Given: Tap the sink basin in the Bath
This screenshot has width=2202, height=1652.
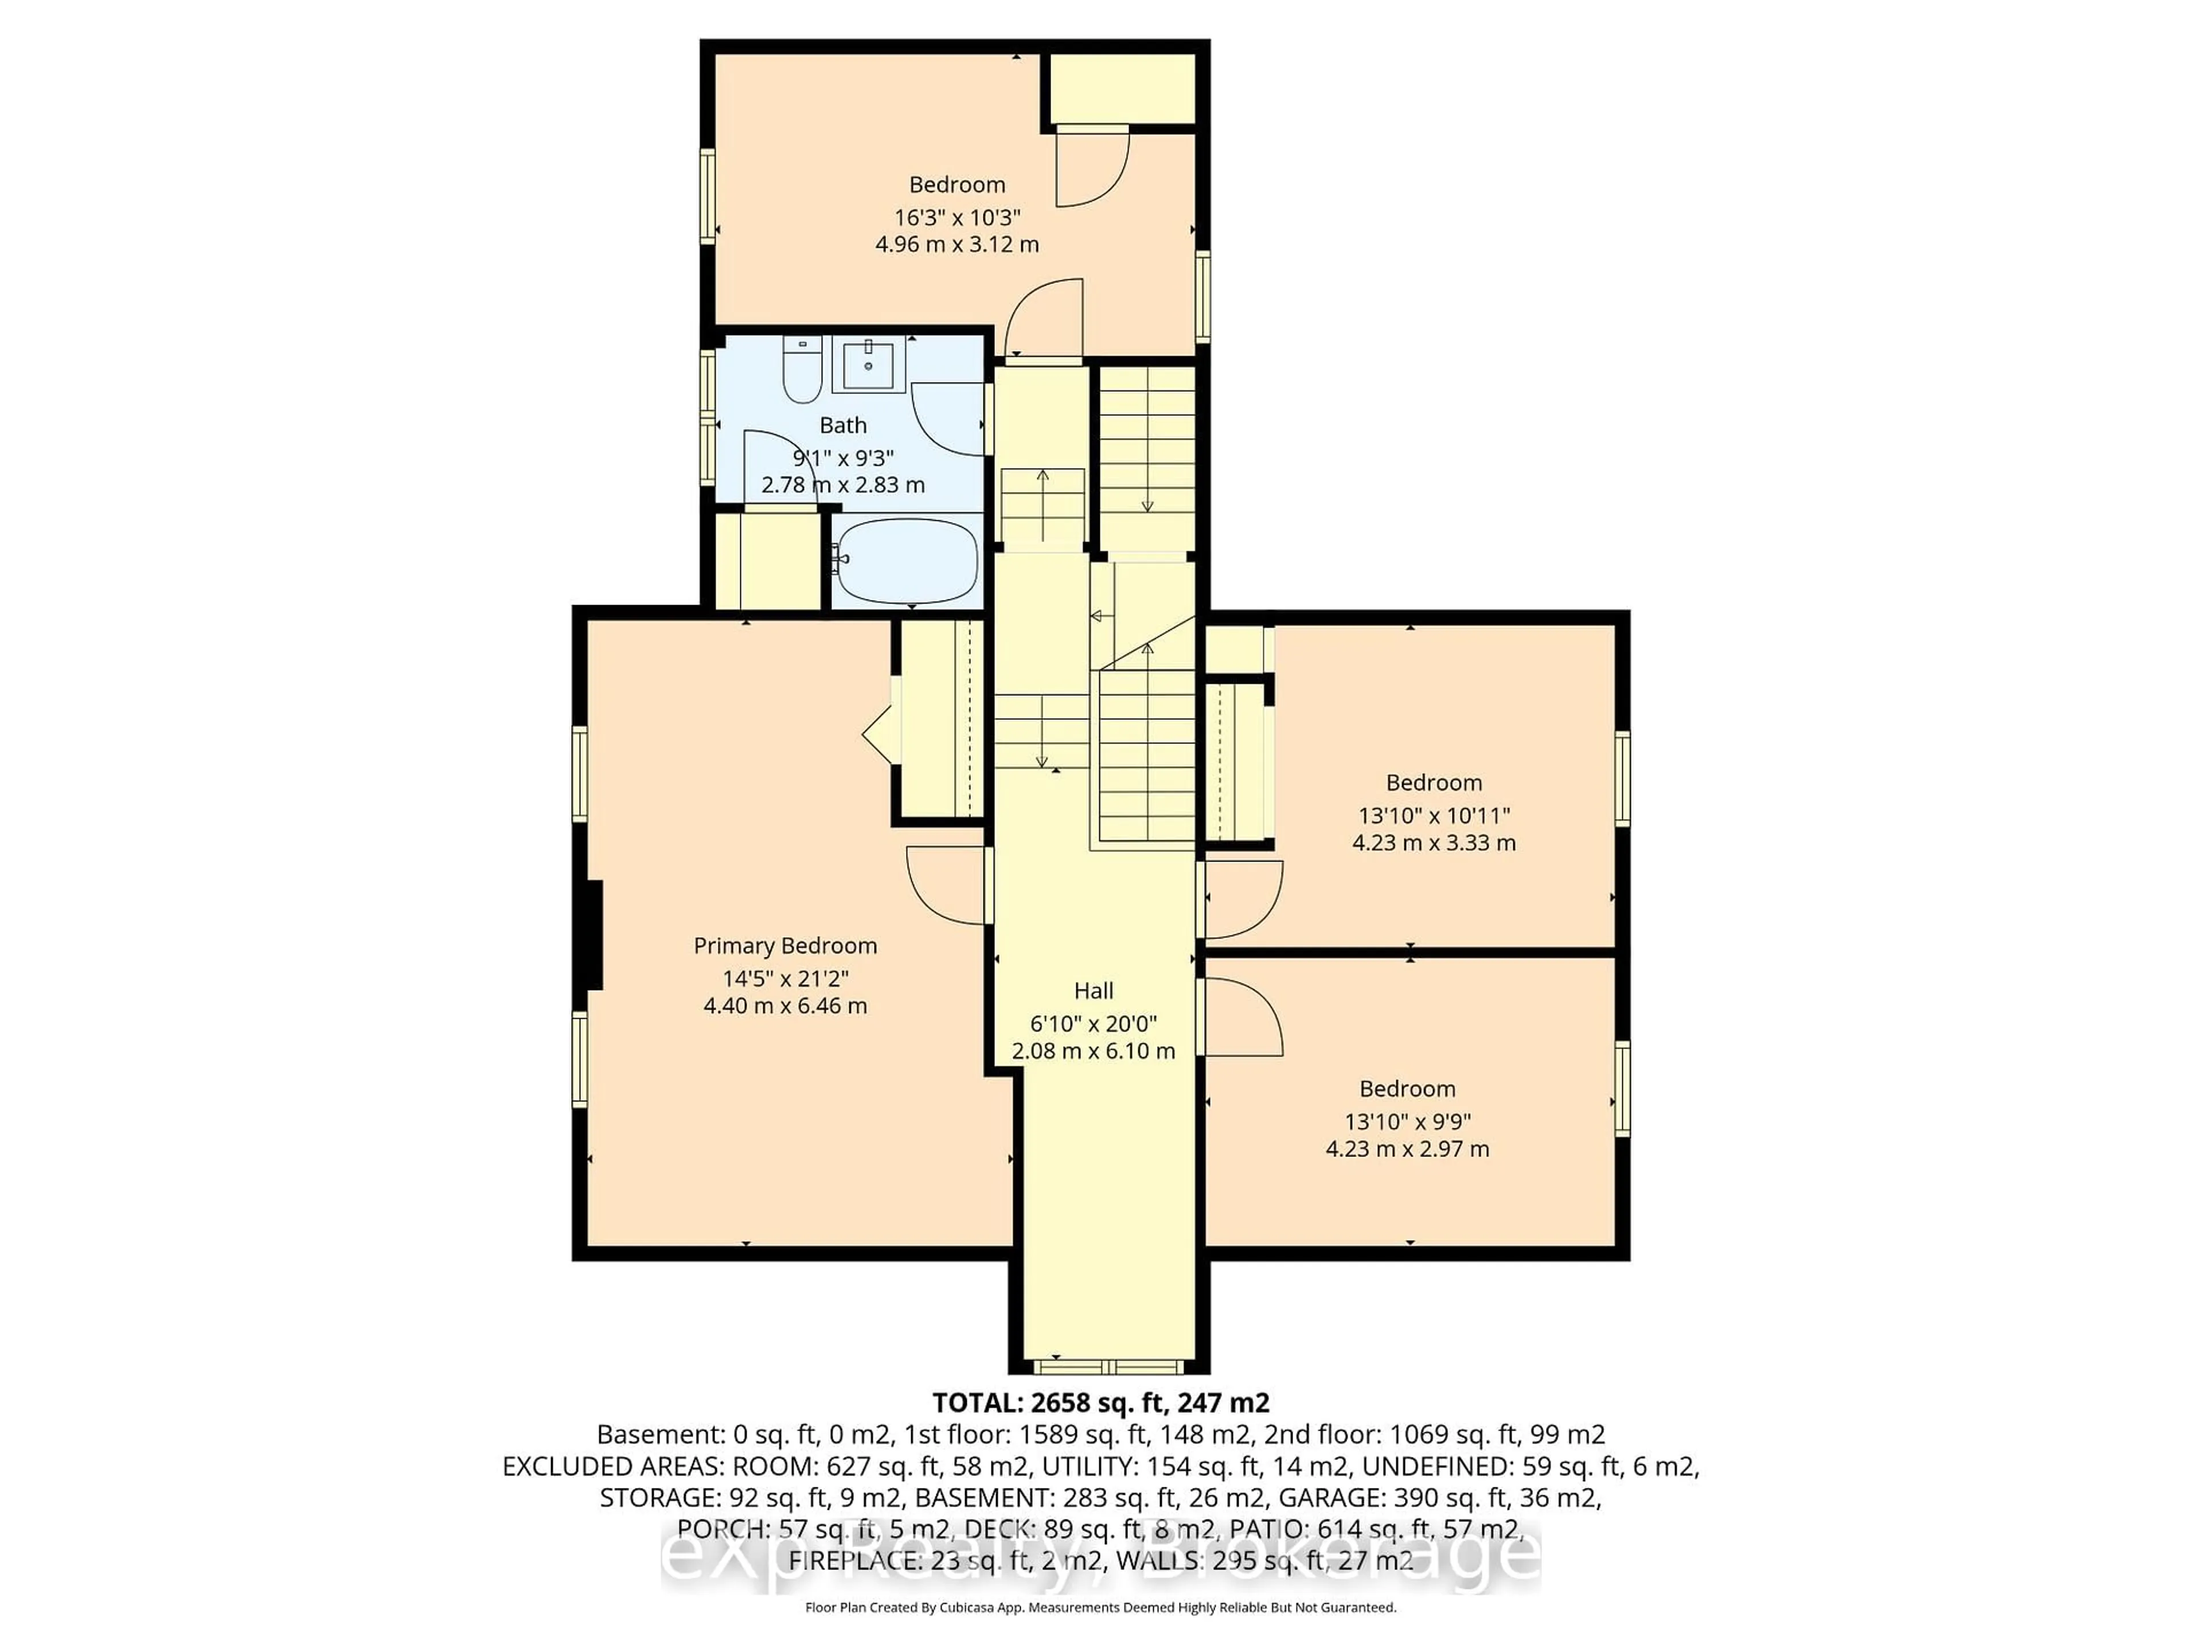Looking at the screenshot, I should (869, 364).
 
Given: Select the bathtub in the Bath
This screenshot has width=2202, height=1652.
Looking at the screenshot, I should (907, 560).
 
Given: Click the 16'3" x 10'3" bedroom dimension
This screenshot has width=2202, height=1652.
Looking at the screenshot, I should (956, 217).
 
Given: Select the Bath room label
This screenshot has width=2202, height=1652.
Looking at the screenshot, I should (842, 425).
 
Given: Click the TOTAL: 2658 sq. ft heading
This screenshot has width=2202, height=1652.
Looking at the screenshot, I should (1100, 1403).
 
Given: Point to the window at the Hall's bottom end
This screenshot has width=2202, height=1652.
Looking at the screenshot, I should (1108, 1365).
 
